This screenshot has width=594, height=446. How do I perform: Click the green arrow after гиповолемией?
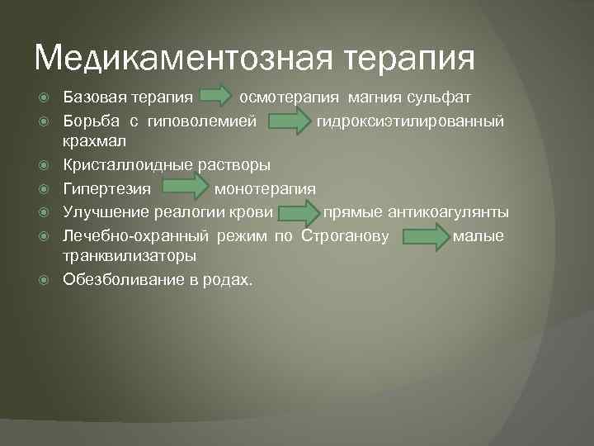point(290,123)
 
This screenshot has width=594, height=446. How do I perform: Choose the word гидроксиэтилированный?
point(410,121)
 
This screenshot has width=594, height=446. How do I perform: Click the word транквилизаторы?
point(130,257)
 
